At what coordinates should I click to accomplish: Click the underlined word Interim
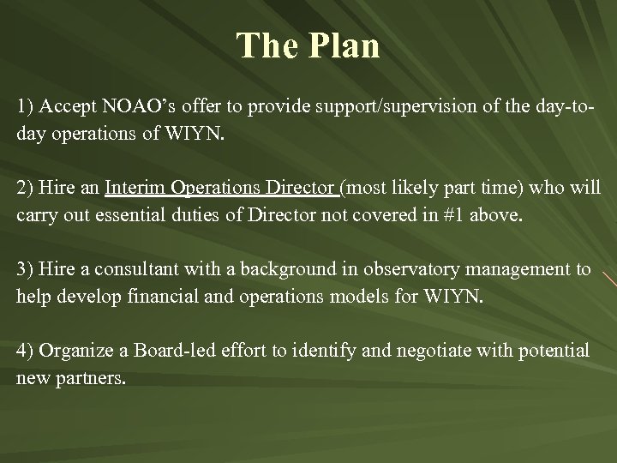point(135,189)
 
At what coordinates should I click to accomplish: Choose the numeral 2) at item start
point(25,189)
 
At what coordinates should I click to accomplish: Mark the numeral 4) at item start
point(25,352)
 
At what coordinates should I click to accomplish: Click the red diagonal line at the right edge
point(608,278)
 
